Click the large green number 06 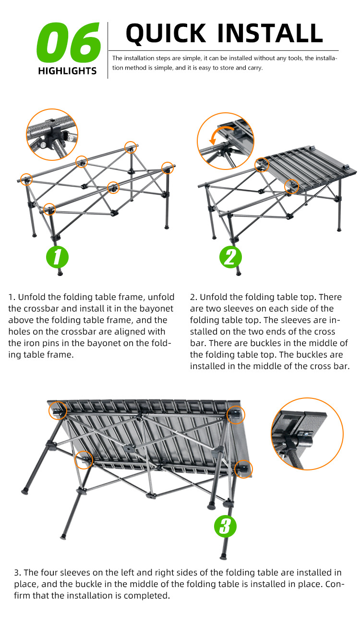pyautogui.click(x=68, y=44)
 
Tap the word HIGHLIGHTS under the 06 pyautogui.click(x=67, y=71)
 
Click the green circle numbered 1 pyautogui.click(x=57, y=257)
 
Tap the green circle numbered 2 pyautogui.click(x=230, y=257)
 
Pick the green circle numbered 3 pyautogui.click(x=225, y=526)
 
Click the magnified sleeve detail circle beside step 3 pyautogui.click(x=307, y=433)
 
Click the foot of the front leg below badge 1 pyautogui.click(x=60, y=273)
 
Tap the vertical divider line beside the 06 pyautogui.click(x=108, y=50)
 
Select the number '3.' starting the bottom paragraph pyautogui.click(x=18, y=573)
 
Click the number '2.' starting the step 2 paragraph pyautogui.click(x=194, y=297)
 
